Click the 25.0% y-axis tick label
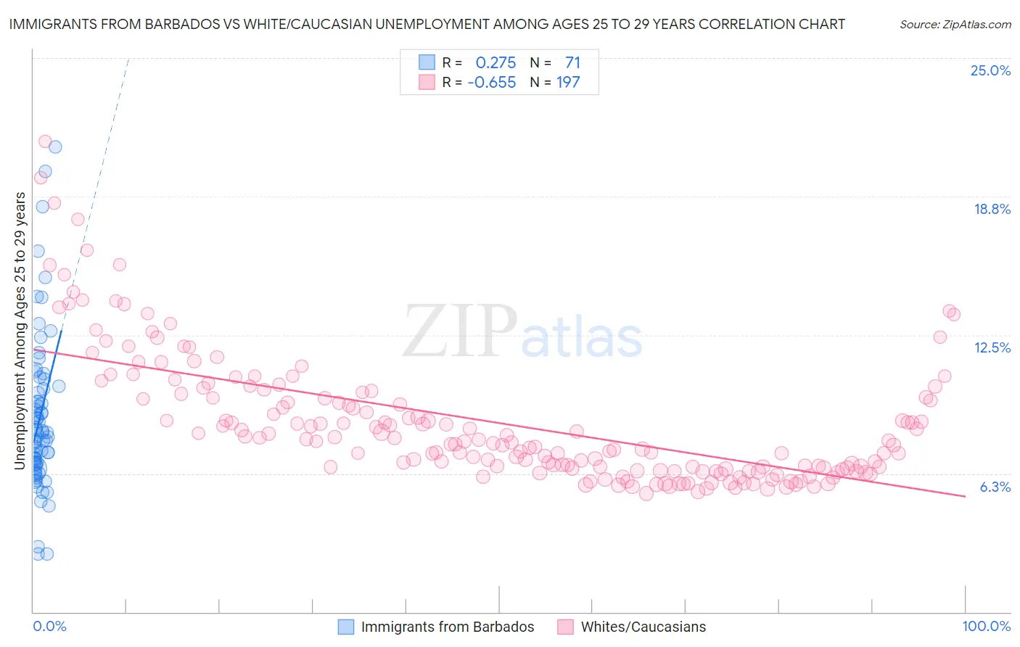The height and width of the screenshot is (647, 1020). [x=990, y=70]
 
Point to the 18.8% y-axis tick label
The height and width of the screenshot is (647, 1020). [x=992, y=209]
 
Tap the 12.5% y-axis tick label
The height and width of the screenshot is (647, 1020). [x=992, y=347]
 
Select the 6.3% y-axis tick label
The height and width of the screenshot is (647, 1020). [x=995, y=487]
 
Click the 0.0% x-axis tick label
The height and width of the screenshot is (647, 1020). [x=49, y=626]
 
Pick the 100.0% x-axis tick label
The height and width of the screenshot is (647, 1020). [x=986, y=626]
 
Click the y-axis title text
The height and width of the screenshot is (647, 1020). [x=20, y=331]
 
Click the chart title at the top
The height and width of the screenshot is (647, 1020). [x=427, y=24]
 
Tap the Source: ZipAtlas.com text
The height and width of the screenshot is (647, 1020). [x=955, y=24]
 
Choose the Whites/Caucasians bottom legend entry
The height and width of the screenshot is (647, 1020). [x=643, y=627]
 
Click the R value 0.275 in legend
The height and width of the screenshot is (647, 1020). [x=495, y=62]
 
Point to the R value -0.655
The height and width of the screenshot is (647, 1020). [x=492, y=82]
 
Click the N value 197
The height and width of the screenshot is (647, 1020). [x=568, y=82]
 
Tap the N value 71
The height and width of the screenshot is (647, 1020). [x=572, y=62]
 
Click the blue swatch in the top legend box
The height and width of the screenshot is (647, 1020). [x=427, y=62]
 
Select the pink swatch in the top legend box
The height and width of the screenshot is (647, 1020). [x=427, y=82]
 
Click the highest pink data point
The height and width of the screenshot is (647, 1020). [x=45, y=141]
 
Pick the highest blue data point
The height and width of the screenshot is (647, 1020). [x=55, y=147]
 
